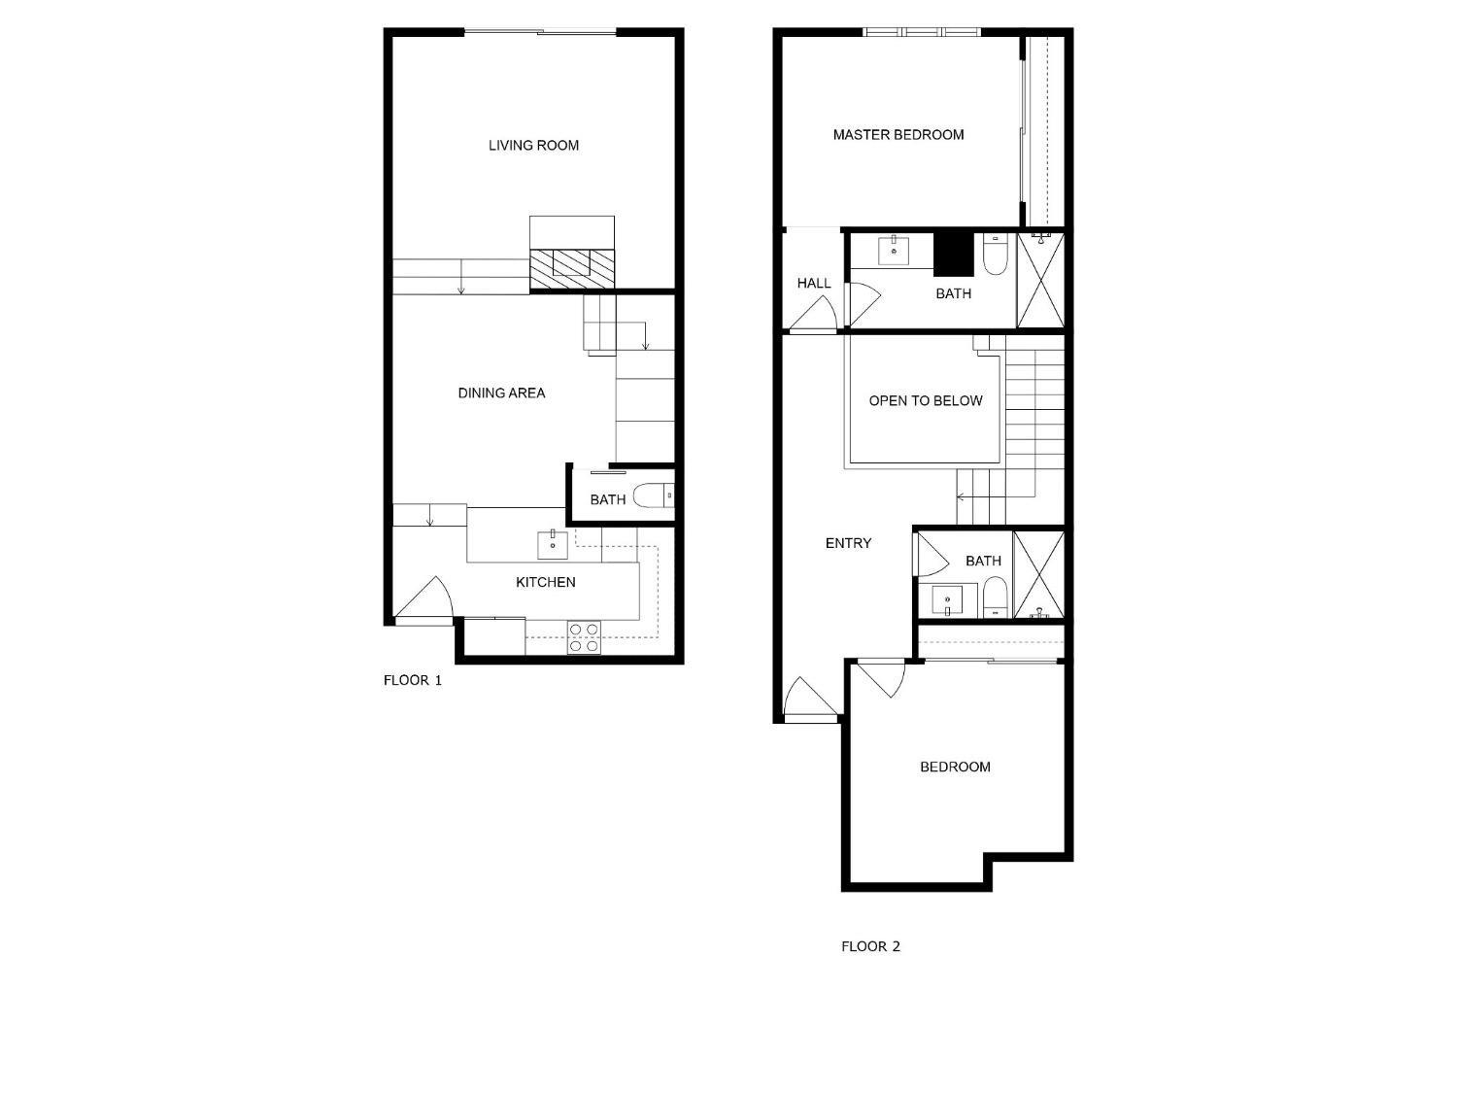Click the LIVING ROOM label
(533, 146)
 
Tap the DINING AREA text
(501, 393)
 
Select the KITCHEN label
(545, 582)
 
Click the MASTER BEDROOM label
(898, 135)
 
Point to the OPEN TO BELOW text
(926, 401)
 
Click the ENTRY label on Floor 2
(848, 543)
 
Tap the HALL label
(814, 284)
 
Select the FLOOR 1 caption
(412, 680)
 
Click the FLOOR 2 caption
(870, 946)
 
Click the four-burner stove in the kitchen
(584, 637)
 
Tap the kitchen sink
(553, 544)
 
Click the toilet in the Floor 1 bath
(653, 495)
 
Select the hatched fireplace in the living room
(571, 269)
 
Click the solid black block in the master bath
(953, 255)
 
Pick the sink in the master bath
(895, 251)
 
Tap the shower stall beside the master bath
(1040, 280)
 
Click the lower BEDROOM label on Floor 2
(955, 768)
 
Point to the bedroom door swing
(881, 679)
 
